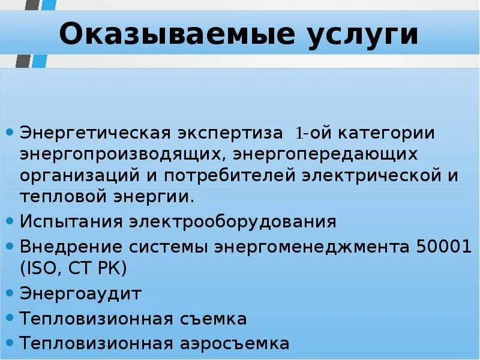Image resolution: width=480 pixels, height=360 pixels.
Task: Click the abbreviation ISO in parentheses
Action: click(x=42, y=268)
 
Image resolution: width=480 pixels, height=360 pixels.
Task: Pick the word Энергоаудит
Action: click(x=80, y=294)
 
